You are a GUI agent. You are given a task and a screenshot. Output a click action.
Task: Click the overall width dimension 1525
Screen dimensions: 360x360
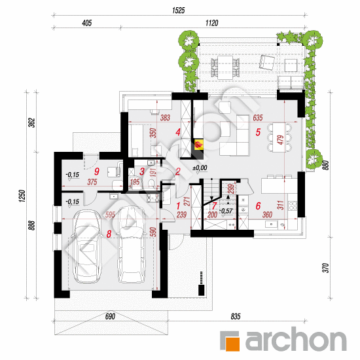tap(179, 10)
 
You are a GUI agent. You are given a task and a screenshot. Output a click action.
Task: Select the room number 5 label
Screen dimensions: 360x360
tap(258, 132)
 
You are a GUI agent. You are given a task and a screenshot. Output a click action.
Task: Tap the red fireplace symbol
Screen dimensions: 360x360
tap(198, 145)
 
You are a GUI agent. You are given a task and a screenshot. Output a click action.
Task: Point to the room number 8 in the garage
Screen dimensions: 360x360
tap(109, 234)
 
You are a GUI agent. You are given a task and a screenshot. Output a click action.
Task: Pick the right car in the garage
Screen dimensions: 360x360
tap(132, 245)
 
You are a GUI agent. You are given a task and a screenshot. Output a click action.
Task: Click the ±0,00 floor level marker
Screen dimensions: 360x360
tap(200, 168)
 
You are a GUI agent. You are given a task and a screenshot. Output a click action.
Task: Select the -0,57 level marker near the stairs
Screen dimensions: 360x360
tap(226, 211)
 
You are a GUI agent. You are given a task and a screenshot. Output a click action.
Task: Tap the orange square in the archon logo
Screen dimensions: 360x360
tap(233, 344)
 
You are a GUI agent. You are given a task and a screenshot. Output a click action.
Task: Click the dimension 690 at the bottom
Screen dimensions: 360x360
tap(110, 317)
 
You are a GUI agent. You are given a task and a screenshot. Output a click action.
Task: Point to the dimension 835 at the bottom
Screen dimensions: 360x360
tap(236, 317)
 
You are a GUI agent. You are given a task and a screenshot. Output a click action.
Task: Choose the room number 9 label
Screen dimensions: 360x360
tap(97, 171)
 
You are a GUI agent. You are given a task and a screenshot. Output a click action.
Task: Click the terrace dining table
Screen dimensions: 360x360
tap(225, 67)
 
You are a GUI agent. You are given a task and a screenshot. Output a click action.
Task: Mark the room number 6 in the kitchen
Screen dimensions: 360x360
tap(258, 206)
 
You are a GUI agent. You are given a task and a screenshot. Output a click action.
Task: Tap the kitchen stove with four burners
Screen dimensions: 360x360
tap(293, 206)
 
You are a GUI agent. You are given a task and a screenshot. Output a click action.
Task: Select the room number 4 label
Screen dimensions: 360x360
tap(178, 132)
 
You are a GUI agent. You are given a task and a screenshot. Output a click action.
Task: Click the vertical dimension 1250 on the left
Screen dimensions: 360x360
tap(22, 196)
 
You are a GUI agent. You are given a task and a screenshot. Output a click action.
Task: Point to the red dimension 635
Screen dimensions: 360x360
tap(258, 118)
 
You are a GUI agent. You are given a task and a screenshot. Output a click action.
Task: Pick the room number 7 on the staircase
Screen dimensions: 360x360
tap(214, 206)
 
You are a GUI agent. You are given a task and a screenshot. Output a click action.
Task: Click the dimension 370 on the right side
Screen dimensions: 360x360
tap(325, 268)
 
